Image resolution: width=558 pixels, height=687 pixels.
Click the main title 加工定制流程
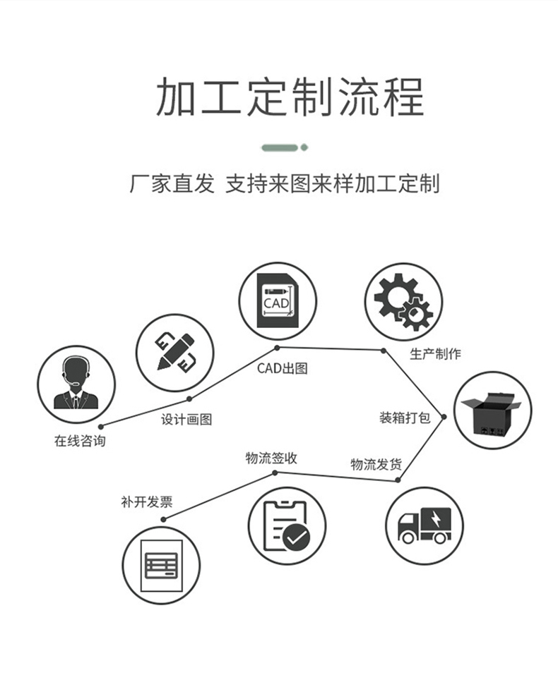coord(290,97)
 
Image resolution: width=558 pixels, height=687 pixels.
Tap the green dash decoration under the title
coord(284,147)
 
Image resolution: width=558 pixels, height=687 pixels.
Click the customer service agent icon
coord(76,384)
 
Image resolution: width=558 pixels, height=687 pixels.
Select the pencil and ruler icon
coord(175,352)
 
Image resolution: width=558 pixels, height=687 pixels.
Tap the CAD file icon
coord(278,301)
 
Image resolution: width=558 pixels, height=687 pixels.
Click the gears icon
coord(403,301)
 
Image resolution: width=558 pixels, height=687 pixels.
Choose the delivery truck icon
coord(424,525)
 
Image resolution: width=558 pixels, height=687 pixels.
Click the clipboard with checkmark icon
coord(287,525)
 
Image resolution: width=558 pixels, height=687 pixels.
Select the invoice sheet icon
coord(161,565)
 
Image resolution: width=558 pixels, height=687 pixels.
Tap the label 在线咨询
coord(80,441)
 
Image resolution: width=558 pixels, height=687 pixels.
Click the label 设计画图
coord(186,419)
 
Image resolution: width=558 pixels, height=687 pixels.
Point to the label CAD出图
coord(282,368)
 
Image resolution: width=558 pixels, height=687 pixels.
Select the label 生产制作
coord(435,353)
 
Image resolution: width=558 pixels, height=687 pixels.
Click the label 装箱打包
coord(405,418)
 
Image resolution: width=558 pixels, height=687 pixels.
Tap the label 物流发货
coord(376,464)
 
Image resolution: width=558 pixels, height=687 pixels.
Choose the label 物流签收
coord(271,458)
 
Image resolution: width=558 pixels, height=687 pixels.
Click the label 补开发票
coord(147,501)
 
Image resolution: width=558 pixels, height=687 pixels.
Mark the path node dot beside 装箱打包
coord(444,417)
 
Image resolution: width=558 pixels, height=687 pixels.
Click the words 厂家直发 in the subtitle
coord(172,183)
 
